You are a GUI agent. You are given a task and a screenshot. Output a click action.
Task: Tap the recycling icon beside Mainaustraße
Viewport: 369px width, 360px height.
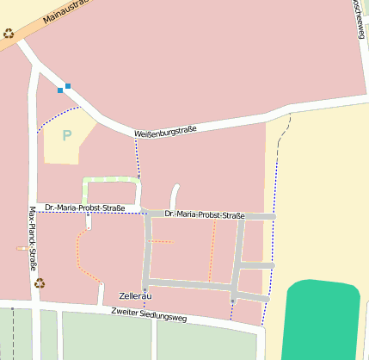click(9, 34)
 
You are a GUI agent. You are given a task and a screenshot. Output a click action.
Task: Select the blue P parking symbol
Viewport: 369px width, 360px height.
click(66, 135)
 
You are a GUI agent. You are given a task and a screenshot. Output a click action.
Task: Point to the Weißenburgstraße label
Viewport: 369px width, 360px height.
click(165, 131)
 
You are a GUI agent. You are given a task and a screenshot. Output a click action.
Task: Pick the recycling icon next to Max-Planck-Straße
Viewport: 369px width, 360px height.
click(40, 282)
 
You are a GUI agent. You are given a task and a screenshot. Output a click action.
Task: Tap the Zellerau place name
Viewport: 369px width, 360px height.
click(136, 296)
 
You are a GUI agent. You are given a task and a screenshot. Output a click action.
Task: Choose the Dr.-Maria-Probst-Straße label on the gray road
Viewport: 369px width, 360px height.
click(205, 214)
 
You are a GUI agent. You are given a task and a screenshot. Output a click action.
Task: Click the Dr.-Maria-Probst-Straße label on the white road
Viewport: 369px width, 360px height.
click(86, 208)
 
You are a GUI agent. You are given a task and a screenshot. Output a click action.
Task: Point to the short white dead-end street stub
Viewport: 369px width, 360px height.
click(175, 196)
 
